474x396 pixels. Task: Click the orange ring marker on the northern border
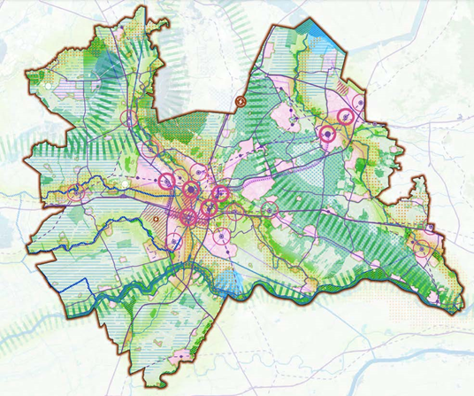pyautogui.click(x=240, y=103)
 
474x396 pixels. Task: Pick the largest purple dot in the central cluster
pyautogui.click(x=190, y=187)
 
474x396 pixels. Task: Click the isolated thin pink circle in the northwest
pyautogui.click(x=130, y=118)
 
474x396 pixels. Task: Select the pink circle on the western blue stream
pyautogui.click(x=78, y=188)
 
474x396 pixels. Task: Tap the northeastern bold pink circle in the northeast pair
pyautogui.click(x=346, y=115)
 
